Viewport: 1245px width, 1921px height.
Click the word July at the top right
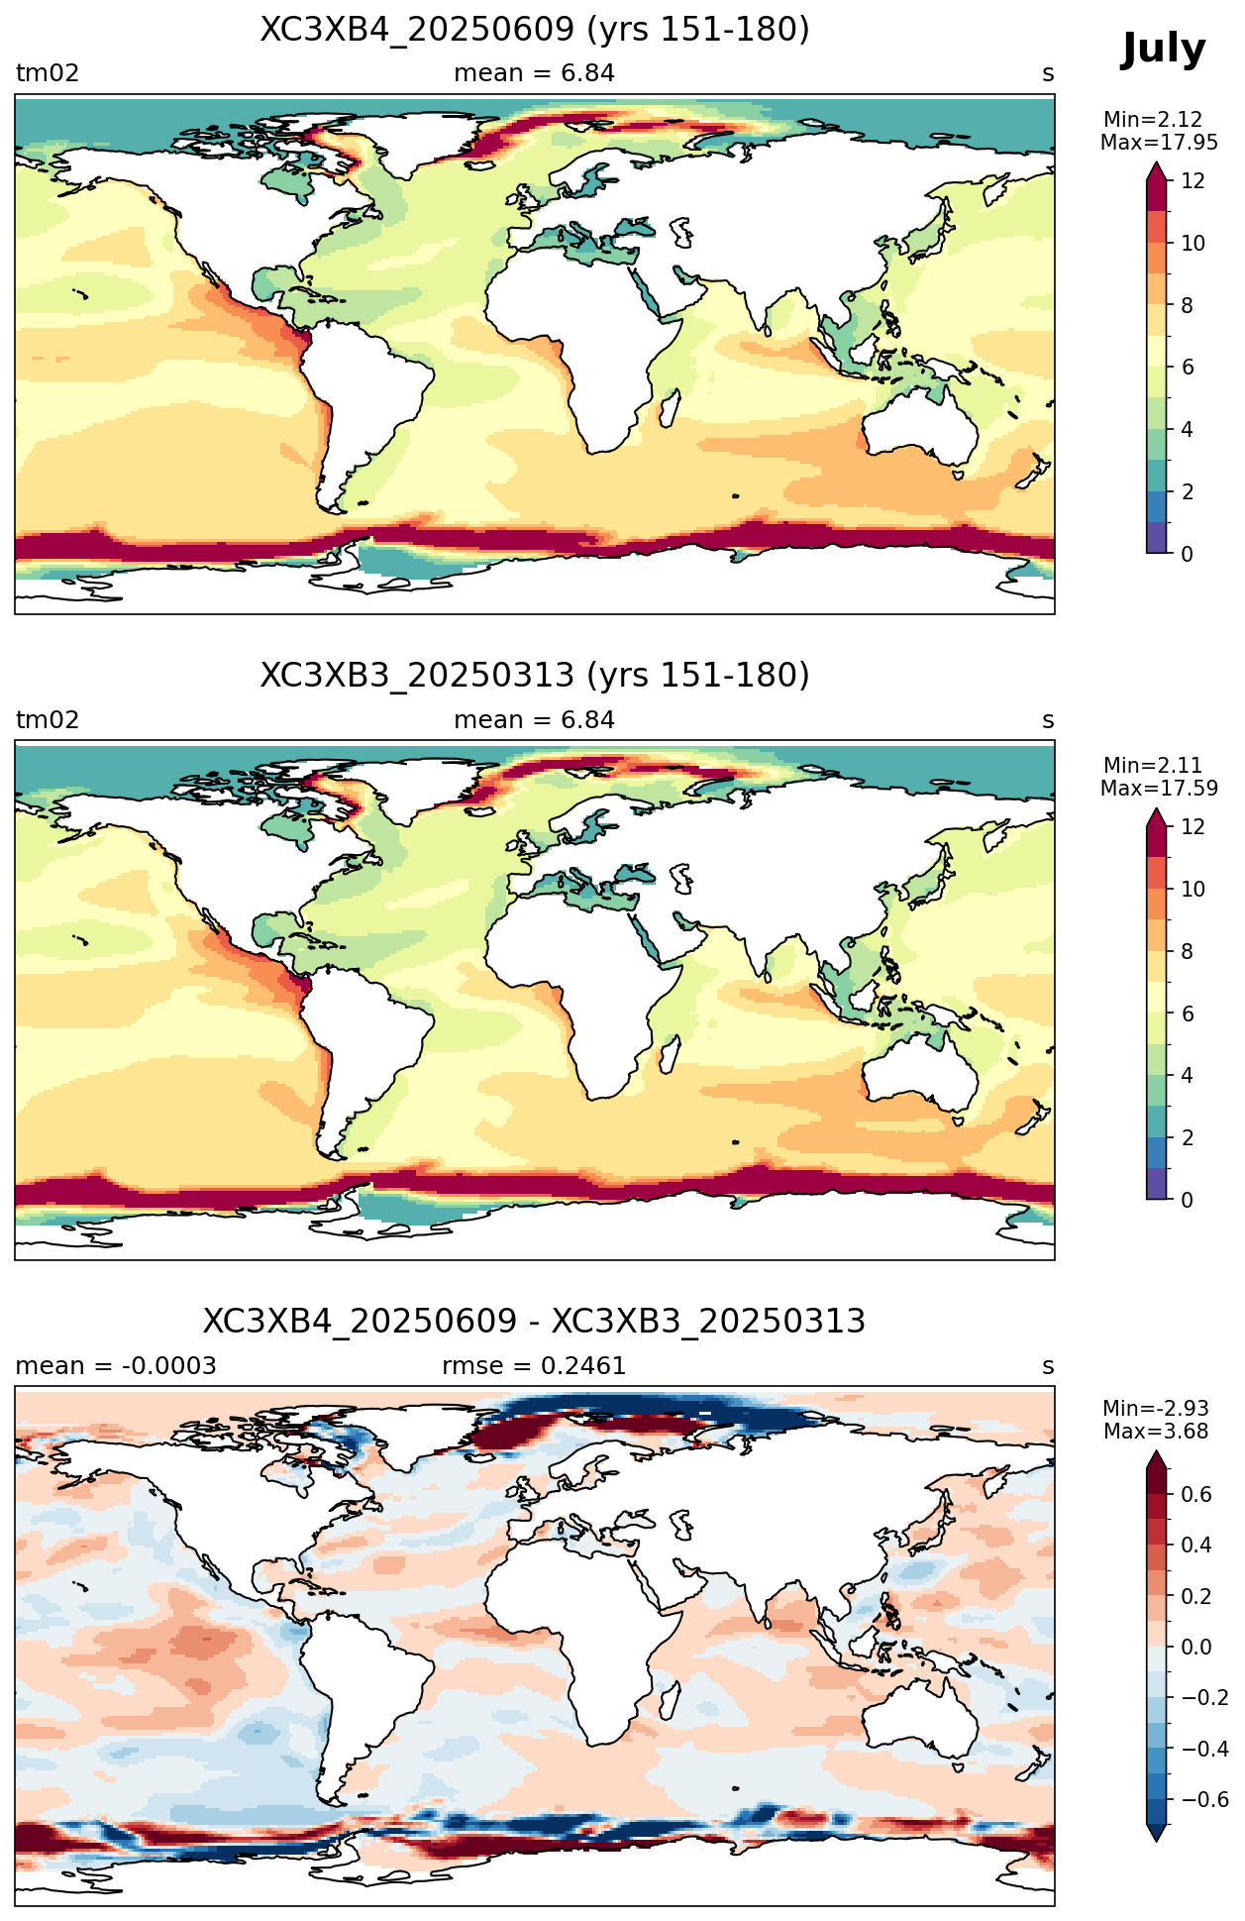click(x=1163, y=50)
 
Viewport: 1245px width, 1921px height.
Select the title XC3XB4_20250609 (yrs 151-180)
click(x=535, y=30)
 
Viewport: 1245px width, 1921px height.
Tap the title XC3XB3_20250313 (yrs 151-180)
click(x=535, y=676)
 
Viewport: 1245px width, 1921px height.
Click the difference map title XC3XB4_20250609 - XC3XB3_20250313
click(x=535, y=1322)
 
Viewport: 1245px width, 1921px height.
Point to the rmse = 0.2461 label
click(x=535, y=1366)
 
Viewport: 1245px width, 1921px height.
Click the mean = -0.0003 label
click(x=116, y=1366)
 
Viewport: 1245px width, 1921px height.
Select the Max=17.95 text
click(x=1159, y=143)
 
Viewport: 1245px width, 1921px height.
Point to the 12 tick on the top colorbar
click(x=1193, y=181)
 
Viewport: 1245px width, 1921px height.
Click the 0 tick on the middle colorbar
click(x=1187, y=1200)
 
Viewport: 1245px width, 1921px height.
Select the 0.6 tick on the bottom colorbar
click(x=1196, y=1495)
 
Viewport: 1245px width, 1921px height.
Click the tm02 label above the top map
click(x=47, y=73)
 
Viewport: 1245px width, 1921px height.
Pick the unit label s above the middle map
click(x=1048, y=721)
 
